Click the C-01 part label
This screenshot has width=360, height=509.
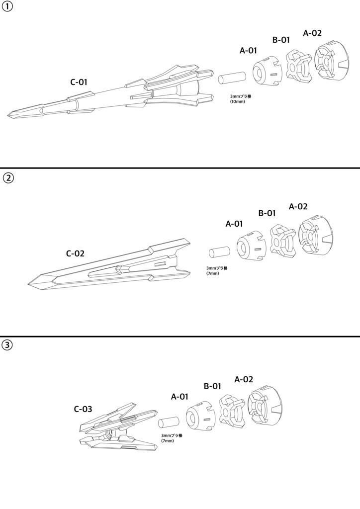[79, 83]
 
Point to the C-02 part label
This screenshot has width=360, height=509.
[75, 254]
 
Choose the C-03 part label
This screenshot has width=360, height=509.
[83, 410]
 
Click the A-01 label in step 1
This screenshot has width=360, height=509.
[248, 50]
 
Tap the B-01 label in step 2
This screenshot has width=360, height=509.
[267, 213]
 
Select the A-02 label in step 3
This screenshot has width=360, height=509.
[244, 379]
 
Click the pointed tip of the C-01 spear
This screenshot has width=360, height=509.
[9, 117]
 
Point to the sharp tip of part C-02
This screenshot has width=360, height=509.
[29, 284]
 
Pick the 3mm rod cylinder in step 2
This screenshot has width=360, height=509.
[219, 252]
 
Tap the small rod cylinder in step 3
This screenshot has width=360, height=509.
[169, 423]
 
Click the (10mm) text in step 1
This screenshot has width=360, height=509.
[237, 102]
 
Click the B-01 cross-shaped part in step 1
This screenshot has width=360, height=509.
[298, 67]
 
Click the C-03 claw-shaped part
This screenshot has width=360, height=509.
[119, 428]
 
